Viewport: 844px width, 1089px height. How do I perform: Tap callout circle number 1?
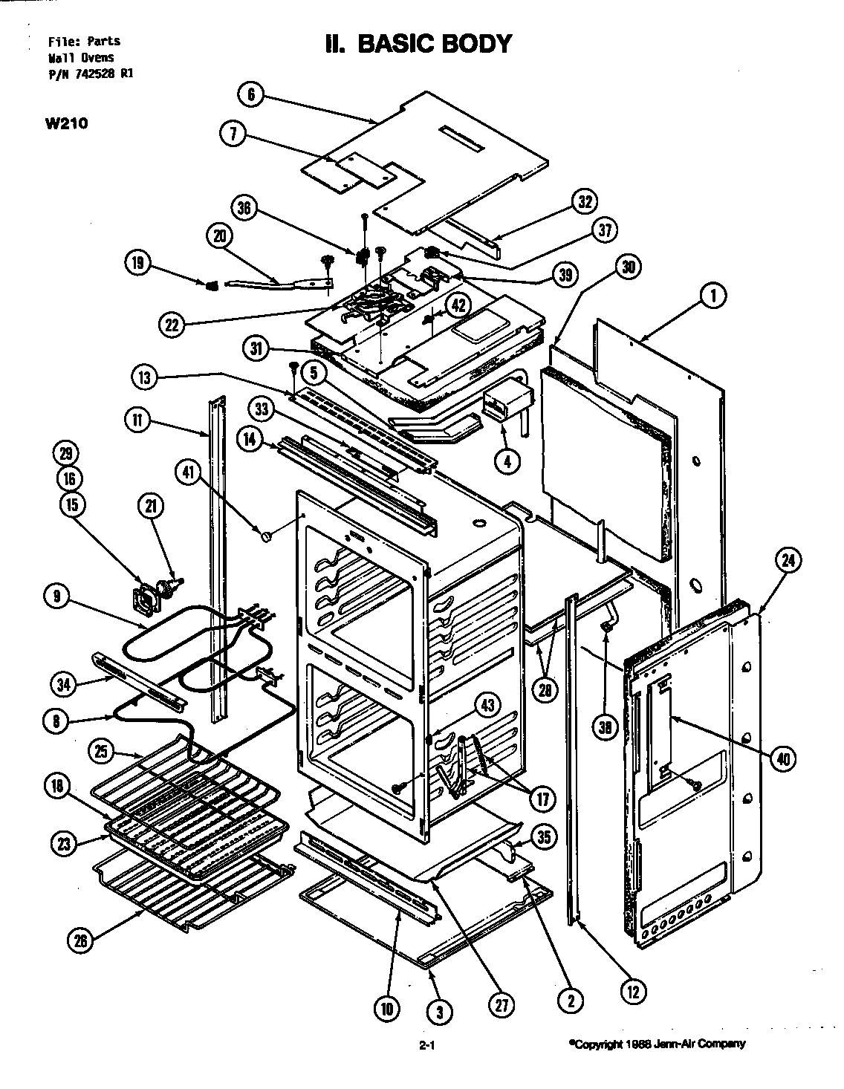[712, 296]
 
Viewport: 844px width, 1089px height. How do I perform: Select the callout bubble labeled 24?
[788, 562]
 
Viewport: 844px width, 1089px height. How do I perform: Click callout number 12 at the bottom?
[633, 990]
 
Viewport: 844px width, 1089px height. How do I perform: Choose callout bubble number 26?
[80, 940]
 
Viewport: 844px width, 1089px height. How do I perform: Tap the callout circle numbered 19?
[138, 262]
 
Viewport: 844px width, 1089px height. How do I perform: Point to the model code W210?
[67, 123]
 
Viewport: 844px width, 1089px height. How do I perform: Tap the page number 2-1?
[426, 1047]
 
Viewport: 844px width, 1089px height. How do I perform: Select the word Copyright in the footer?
[594, 1044]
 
